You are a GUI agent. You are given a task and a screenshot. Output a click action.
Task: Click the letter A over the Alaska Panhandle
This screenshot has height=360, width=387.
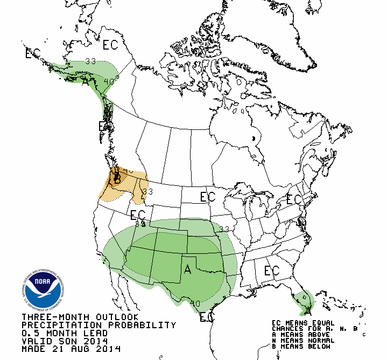(x=85, y=82)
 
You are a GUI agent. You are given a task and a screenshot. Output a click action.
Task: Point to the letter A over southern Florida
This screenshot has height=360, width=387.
(x=307, y=310)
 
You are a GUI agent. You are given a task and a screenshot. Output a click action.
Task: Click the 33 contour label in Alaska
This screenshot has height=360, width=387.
(x=90, y=61)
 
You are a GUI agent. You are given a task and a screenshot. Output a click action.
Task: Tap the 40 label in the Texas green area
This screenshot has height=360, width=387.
(x=195, y=304)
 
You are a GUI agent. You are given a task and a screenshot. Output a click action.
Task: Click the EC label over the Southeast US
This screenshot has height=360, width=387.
(x=272, y=271)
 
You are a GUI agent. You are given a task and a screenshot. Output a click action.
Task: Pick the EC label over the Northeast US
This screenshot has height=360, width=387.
(x=294, y=199)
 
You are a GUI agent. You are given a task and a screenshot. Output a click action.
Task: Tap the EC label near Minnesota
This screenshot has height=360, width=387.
(x=208, y=197)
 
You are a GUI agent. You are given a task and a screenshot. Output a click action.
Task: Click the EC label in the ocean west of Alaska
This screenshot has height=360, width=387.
(x=33, y=53)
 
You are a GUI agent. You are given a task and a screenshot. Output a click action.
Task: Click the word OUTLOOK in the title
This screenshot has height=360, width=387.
(x=114, y=317)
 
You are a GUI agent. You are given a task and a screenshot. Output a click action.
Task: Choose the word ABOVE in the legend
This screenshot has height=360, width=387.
(x=321, y=334)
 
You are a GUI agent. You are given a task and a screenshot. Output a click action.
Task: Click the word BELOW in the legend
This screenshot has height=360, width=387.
(x=321, y=346)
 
